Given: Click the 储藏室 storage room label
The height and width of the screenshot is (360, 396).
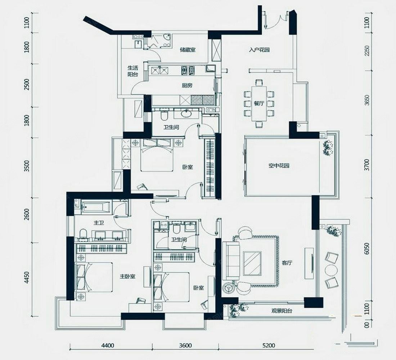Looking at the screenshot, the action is [x=188, y=50].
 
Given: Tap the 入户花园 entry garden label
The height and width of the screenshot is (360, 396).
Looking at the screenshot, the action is [x=259, y=50].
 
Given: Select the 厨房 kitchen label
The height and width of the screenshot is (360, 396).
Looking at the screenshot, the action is [x=187, y=85].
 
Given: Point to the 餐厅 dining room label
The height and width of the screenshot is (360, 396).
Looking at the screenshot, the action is [x=259, y=103].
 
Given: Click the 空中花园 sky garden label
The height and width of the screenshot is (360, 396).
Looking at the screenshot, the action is [x=279, y=166].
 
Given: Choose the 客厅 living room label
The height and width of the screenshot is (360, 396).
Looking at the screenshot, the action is [x=287, y=263].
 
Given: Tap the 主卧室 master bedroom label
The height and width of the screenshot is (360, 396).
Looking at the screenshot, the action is [x=127, y=276].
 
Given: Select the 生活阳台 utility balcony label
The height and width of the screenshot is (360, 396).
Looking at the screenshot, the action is [x=132, y=71].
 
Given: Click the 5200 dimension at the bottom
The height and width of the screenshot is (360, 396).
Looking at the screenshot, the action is [x=268, y=345].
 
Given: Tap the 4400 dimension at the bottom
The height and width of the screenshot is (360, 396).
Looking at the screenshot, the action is [x=108, y=345].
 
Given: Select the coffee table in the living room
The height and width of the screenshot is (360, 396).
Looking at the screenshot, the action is [x=252, y=263].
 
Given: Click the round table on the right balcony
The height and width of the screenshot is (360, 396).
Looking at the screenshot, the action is [x=331, y=270].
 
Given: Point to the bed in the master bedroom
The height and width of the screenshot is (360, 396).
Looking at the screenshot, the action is [x=94, y=277].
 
